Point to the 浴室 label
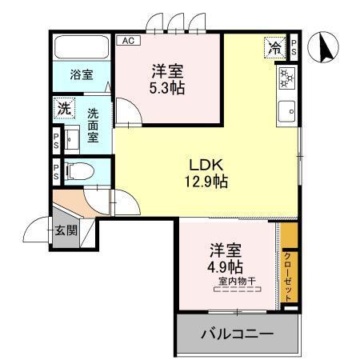[x=81, y=75]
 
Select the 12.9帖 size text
[x=205, y=182]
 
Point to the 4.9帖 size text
[x=226, y=266]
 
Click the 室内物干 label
[x=235, y=281]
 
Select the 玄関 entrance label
[x=66, y=231]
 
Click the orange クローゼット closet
[x=289, y=265]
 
